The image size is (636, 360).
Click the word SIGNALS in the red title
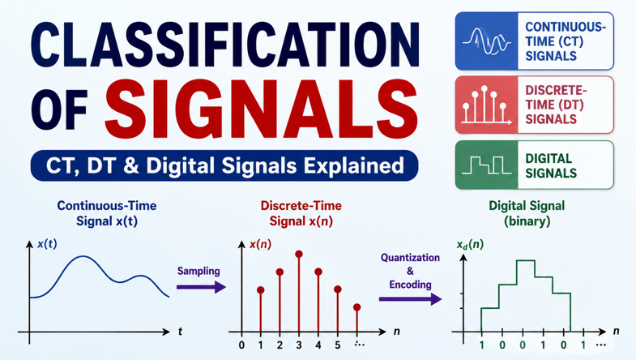pos(262,109)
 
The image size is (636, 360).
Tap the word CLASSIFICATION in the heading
pos(224,45)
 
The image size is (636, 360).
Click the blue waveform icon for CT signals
pos(486,41)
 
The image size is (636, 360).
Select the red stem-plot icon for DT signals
pos(486,105)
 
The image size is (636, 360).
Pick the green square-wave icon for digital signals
pos(486,165)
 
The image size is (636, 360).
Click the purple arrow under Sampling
pos(201,287)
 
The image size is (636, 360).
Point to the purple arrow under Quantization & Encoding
pos(410,299)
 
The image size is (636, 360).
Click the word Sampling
pos(198,271)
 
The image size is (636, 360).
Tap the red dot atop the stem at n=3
pos(299,254)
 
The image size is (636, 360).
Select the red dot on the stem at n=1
pos(260,289)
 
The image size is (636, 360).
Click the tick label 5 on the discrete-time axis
pos(338,345)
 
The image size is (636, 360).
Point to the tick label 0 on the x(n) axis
pos(241,345)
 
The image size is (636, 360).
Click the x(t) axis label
pos(47,244)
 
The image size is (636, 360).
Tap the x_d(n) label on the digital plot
pos(470,245)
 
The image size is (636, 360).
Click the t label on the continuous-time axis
pos(180,332)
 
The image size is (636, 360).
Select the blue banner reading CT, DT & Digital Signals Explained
pos(224,165)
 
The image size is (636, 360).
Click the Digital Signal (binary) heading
pos(527,213)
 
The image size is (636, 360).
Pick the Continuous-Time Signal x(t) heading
pos(107,213)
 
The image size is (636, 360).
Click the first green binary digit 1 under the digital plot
pos(481,345)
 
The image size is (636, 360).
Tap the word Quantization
pos(410,258)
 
